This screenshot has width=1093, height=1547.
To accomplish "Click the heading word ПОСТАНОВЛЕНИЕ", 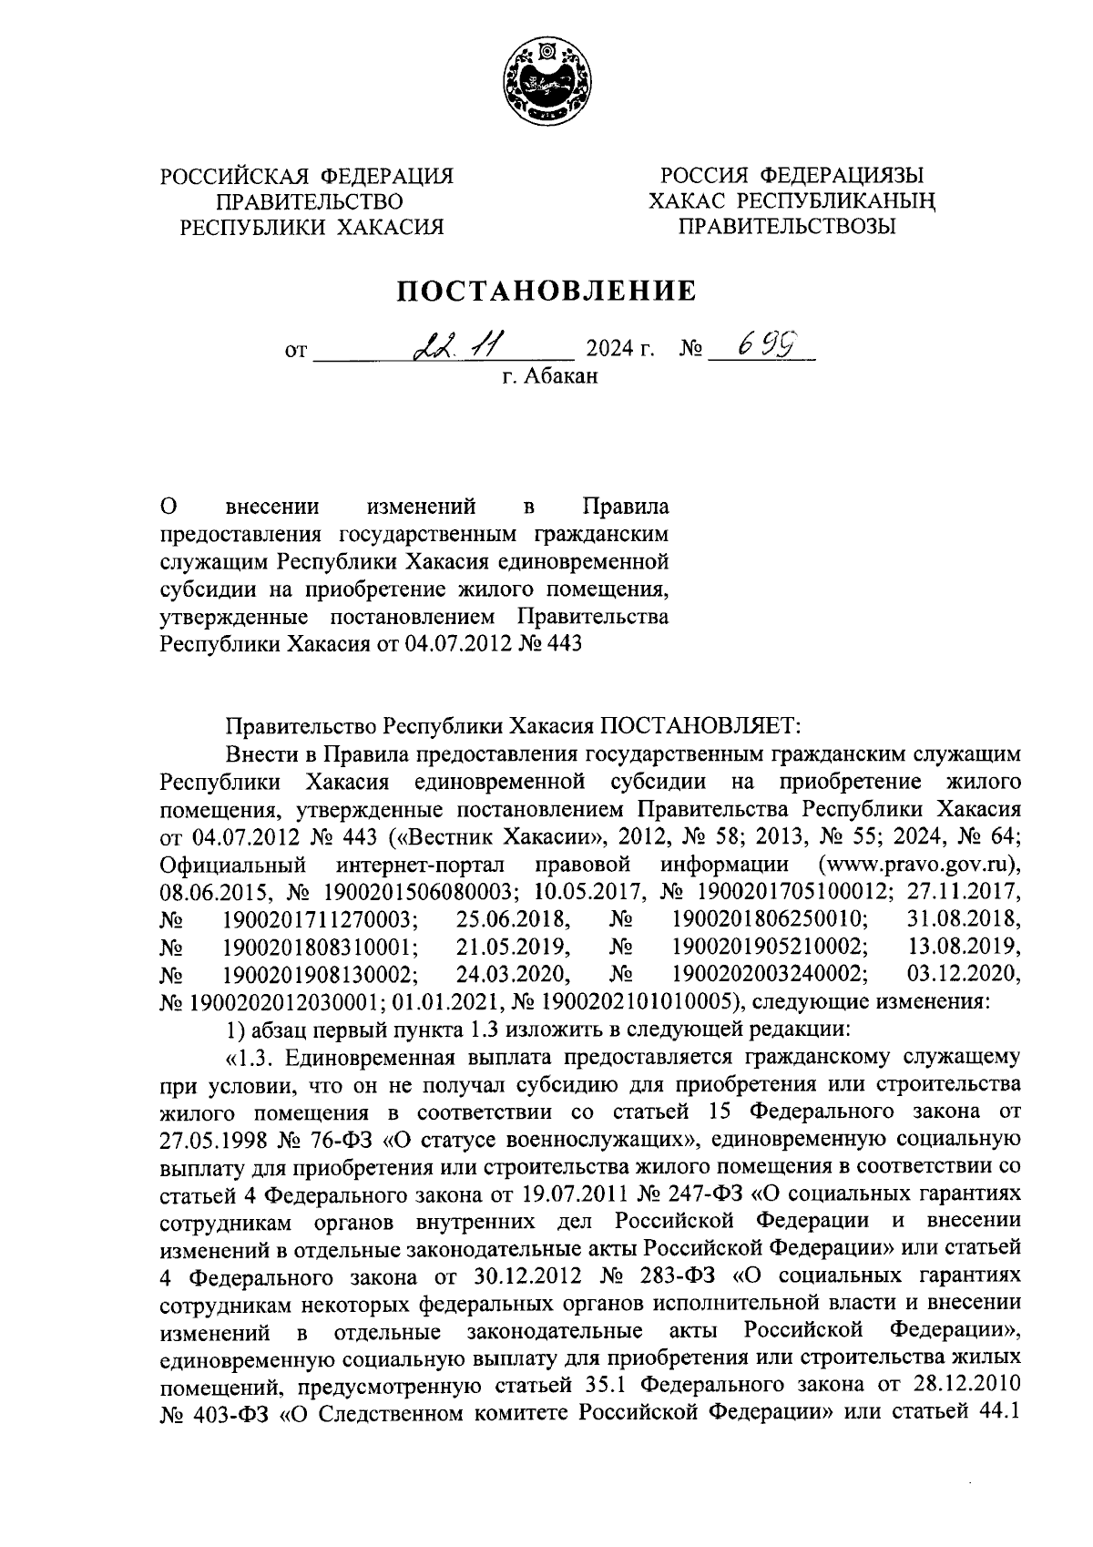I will (x=546, y=292).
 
